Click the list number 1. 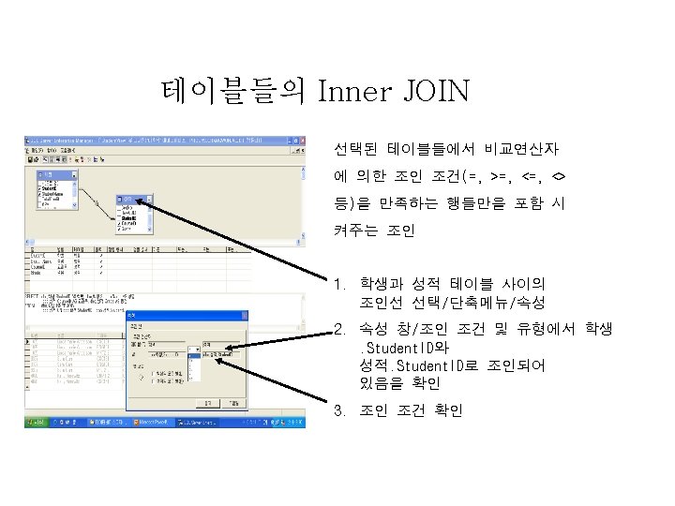339,284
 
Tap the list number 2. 339,329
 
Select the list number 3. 339,411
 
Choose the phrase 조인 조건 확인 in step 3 411,411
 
